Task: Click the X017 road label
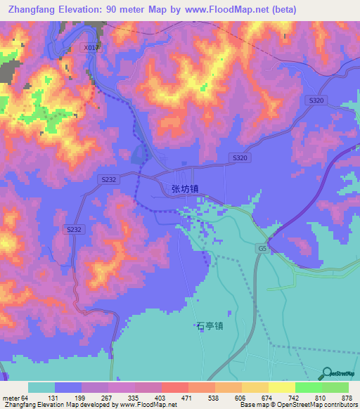pyautogui.click(x=91, y=48)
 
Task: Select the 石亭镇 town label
pyautogui.click(x=210, y=326)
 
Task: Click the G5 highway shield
pyautogui.click(x=262, y=249)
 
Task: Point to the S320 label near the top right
pyautogui.click(x=316, y=101)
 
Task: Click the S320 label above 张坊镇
pyautogui.click(x=240, y=158)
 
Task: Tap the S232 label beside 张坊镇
pyautogui.click(x=108, y=180)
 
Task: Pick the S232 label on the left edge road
pyautogui.click(x=74, y=230)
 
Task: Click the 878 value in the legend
pyautogui.click(x=347, y=398)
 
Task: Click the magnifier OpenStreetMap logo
pyautogui.click(x=327, y=373)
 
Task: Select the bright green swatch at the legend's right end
pyautogui.click(x=335, y=387)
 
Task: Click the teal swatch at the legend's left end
pyautogui.click(x=41, y=387)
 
